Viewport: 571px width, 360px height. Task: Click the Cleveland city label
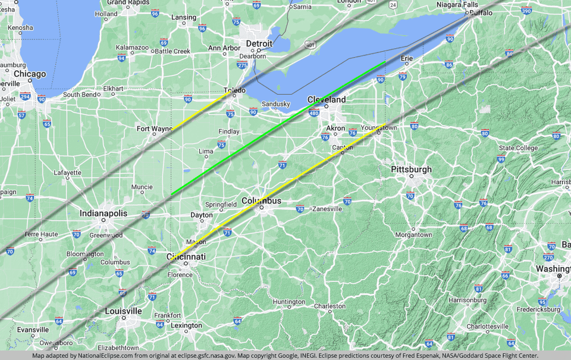[326, 99]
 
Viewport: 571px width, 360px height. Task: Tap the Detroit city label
[259, 44]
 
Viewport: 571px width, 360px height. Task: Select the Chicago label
[30, 74]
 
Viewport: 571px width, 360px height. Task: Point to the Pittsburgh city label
[412, 170]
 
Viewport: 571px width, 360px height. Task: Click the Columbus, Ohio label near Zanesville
[261, 201]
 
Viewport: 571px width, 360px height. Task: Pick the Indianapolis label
[103, 213]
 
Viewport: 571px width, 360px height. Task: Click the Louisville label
[123, 311]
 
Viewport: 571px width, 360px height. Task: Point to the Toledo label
[234, 90]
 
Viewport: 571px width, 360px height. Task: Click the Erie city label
[407, 58]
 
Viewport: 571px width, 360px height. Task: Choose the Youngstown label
[379, 127]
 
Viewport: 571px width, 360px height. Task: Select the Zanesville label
[327, 209]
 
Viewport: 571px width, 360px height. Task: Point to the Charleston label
[330, 306]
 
